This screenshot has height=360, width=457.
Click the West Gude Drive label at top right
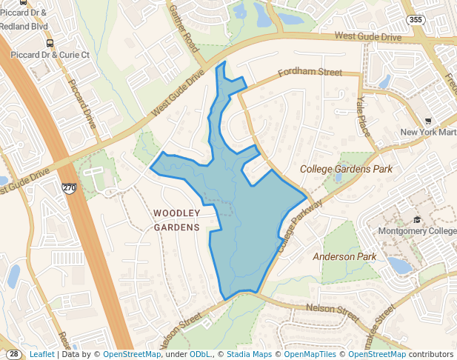click(367, 36)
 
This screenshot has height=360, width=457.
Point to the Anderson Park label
click(344, 256)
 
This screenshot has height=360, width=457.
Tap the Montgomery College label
click(418, 231)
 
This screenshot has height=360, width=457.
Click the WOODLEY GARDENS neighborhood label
click(177, 220)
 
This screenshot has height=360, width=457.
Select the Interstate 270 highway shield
click(69, 189)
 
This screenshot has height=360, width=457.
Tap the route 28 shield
click(14, 354)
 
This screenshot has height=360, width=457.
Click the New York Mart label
click(428, 133)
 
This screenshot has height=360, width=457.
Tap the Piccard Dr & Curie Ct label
click(50, 55)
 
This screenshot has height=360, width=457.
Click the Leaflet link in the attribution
click(41, 355)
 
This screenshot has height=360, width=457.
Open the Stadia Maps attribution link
click(250, 355)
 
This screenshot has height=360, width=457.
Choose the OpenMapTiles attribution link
click(311, 355)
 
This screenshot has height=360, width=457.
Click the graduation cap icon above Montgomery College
click(417, 219)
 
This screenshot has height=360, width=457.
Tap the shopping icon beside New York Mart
click(427, 121)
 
